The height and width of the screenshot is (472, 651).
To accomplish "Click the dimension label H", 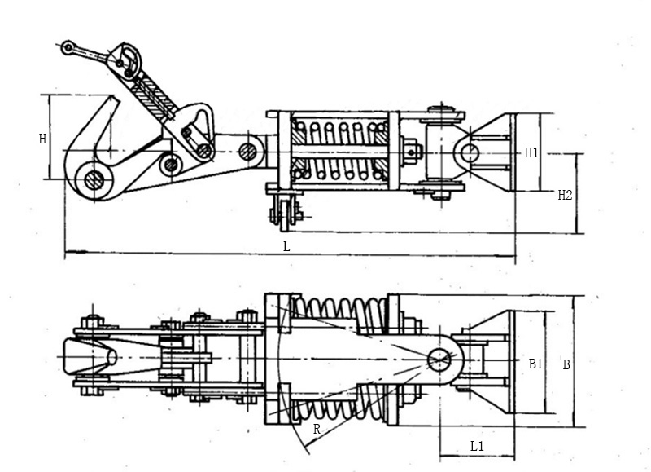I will tap(42, 139).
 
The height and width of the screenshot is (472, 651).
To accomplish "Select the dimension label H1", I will tap(531, 152).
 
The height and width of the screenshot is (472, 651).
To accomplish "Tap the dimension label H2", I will tap(565, 195).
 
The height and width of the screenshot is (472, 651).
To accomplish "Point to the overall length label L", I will tap(286, 245).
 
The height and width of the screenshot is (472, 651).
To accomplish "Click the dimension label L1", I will tap(477, 446).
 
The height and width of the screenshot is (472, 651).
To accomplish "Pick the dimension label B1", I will tap(535, 364).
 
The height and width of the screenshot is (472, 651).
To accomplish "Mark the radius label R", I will tap(316, 429).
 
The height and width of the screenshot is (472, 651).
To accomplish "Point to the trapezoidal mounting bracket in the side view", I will tap(496, 152).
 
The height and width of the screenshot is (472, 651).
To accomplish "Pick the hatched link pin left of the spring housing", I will tap(248, 151).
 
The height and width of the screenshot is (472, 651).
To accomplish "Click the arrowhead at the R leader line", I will tap(308, 451).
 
